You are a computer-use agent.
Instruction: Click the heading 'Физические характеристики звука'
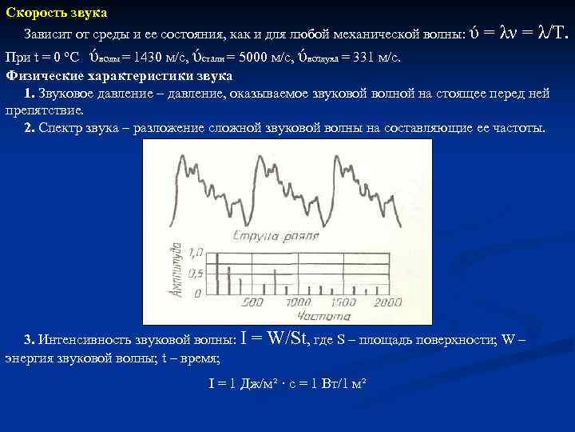[x=119, y=76]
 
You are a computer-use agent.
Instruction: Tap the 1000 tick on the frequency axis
[x=298, y=303]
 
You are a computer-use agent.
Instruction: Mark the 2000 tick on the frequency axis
[x=388, y=303]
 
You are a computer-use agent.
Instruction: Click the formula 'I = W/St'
[x=276, y=338]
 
